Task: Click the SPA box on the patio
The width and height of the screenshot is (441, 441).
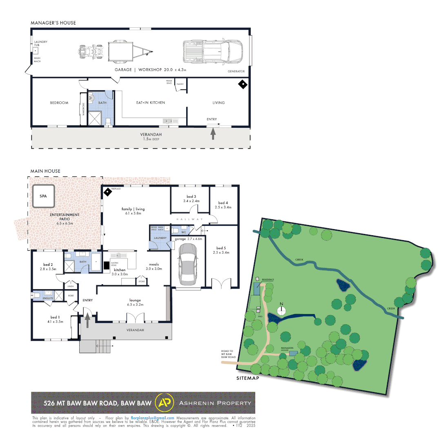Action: click(x=43, y=196)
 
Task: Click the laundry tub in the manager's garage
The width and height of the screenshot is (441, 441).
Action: click(x=36, y=51)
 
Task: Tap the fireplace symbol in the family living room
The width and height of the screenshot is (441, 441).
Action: click(x=107, y=191)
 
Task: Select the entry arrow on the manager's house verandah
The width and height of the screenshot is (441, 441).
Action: click(x=212, y=134)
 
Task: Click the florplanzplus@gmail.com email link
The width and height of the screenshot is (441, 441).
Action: click(x=152, y=418)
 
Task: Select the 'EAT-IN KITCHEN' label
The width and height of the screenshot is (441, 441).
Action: click(x=151, y=102)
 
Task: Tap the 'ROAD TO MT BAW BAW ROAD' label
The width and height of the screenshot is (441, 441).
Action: click(x=228, y=354)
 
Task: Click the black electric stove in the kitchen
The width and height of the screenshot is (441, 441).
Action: click(x=106, y=265)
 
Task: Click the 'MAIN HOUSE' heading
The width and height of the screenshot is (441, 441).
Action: click(x=45, y=171)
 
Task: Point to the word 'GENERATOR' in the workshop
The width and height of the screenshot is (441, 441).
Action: click(x=236, y=71)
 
